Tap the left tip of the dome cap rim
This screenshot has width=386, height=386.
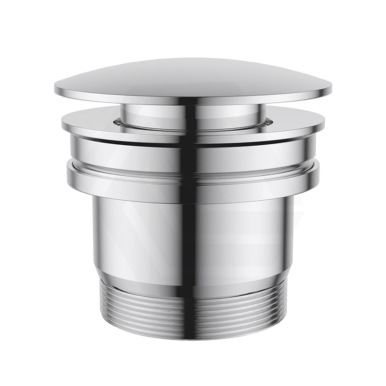tap(56, 89)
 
